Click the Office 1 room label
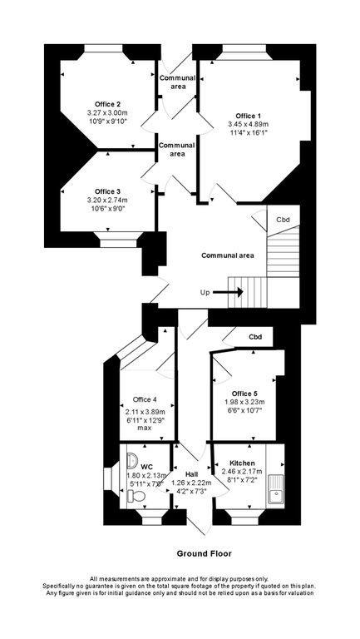pos(248,115)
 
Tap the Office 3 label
pos(108,191)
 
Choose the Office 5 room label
pos(244,393)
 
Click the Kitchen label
pos(242,463)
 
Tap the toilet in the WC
pos(136,496)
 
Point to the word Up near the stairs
pos(205,293)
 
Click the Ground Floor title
pos(204,552)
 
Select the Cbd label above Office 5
pos(255,337)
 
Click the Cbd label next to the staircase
pos(284,220)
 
